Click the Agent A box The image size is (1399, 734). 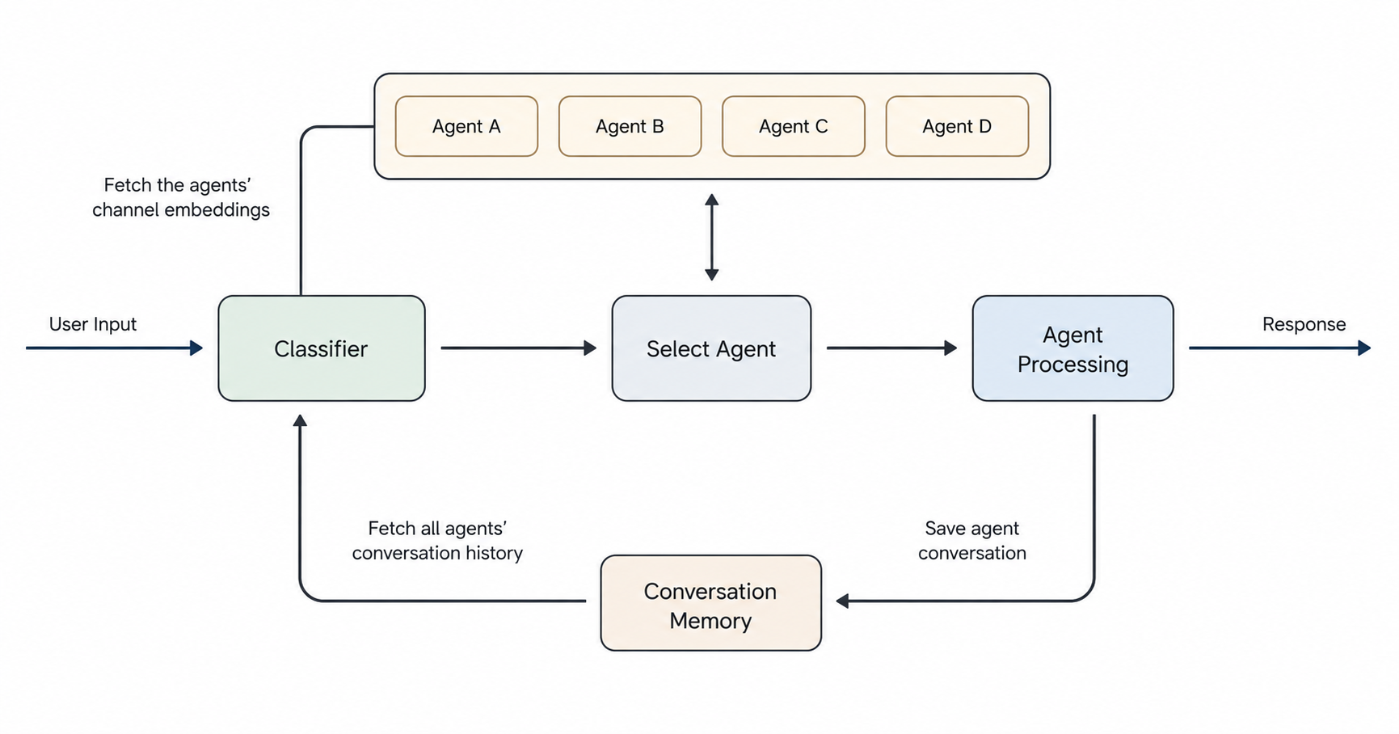pyautogui.click(x=466, y=126)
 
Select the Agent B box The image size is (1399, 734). pyautogui.click(x=630, y=126)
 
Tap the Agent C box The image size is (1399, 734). pyautogui.click(x=793, y=126)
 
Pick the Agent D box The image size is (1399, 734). pyautogui.click(x=957, y=126)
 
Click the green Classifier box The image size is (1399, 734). pyautogui.click(x=322, y=348)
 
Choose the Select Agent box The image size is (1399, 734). pyautogui.click(x=711, y=348)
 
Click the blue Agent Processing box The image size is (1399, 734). pyautogui.click(x=1072, y=348)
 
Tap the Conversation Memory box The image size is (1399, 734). pyautogui.click(x=710, y=603)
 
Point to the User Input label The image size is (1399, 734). pyautogui.click(x=93, y=324)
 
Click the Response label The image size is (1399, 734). pyautogui.click(x=1304, y=324)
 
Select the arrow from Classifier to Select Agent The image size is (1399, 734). pyautogui.click(x=519, y=348)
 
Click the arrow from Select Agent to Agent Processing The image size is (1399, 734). pyautogui.click(x=892, y=348)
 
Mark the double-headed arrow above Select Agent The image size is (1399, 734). pyautogui.click(x=711, y=237)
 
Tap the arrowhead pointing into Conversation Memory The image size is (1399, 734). pyautogui.click(x=842, y=601)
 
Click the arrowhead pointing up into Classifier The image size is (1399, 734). pyautogui.click(x=300, y=420)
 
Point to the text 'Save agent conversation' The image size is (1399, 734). pyautogui.click(x=972, y=541)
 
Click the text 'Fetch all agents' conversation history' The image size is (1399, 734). pyautogui.click(x=437, y=541)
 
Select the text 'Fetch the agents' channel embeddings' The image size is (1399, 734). pyautogui.click(x=181, y=197)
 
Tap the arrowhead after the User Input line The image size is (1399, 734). pyautogui.click(x=196, y=348)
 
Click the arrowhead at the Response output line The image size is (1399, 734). pyautogui.click(x=1364, y=348)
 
